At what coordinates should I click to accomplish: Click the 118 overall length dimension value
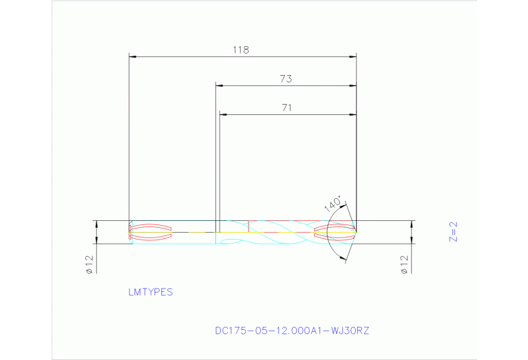[240, 50]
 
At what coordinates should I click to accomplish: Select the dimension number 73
[286, 79]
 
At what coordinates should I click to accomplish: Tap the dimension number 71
[286, 107]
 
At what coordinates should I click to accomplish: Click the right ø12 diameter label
[404, 263]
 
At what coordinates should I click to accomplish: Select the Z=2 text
[453, 232]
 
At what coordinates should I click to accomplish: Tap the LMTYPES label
[150, 292]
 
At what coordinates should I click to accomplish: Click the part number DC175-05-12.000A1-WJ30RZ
[292, 330]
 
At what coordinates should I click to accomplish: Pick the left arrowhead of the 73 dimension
[220, 86]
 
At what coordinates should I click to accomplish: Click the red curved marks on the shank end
[151, 232]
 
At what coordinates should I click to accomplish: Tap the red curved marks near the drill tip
[334, 232]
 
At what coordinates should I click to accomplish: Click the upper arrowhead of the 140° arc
[343, 207]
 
